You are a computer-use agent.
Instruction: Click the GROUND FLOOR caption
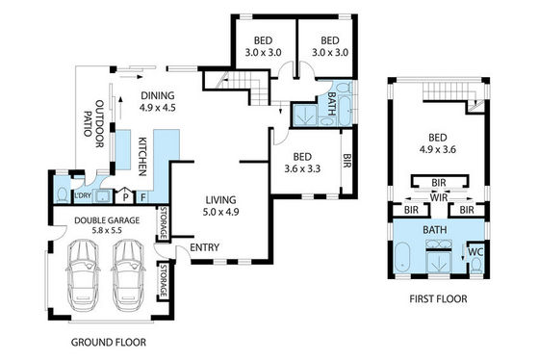coord(108,342)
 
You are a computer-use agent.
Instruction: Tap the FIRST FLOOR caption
coord(438,298)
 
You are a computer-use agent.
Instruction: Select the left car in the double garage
coord(84,275)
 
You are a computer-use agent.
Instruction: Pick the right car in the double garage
coord(129,275)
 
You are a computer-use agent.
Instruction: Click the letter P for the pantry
coord(126,197)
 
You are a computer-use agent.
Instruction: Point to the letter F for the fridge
coord(143,197)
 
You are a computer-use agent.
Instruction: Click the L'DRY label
coord(83,195)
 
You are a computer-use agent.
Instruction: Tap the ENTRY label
coord(204,247)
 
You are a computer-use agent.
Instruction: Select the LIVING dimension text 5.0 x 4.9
coord(220,212)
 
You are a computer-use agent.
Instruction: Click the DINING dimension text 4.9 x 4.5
coord(158,108)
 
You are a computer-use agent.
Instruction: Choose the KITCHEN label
coord(142,157)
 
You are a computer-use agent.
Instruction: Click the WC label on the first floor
coord(476,252)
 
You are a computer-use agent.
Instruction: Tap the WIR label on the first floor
coord(439,197)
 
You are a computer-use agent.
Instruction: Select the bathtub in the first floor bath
coord(402,257)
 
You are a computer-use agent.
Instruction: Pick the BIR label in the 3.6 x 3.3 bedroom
coord(346,161)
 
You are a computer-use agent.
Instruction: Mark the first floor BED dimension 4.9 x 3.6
coord(438,149)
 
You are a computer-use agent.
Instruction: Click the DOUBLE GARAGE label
coord(107,220)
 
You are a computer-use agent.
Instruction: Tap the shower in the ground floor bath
coord(304,115)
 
